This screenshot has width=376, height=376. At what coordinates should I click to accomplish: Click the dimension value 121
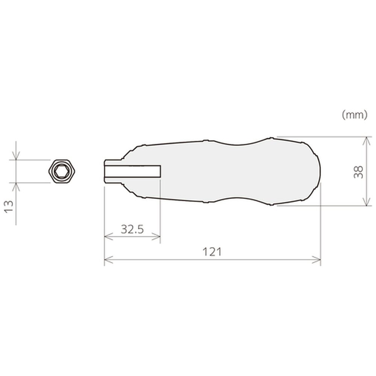pyautogui.click(x=212, y=252)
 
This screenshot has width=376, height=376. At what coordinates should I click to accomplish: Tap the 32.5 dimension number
pyautogui.click(x=132, y=229)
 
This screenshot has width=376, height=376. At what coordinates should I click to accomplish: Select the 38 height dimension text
pyautogui.click(x=358, y=172)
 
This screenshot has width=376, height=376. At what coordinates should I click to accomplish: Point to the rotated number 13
pyautogui.click(x=9, y=206)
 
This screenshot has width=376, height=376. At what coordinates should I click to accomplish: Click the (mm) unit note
pyautogui.click(x=355, y=115)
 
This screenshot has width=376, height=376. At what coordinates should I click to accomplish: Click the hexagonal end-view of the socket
pyautogui.click(x=62, y=171)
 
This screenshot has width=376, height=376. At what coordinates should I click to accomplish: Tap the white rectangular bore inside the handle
pyautogui.click(x=133, y=171)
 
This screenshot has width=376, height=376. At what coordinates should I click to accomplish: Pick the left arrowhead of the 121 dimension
pyautogui.click(x=108, y=260)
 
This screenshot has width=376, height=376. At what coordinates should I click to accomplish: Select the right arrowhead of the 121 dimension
pyautogui.click(x=317, y=260)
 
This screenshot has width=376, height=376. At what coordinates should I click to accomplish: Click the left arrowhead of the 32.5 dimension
pyautogui.click(x=109, y=237)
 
